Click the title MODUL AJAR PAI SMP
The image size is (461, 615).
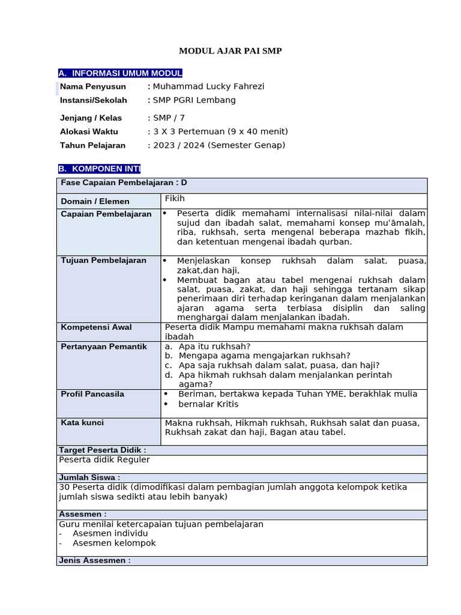coord(230,51)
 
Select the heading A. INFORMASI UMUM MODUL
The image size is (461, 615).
coord(120,73)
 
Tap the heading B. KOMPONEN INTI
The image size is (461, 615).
coord(99,169)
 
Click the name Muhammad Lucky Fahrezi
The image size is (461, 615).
coord(208,86)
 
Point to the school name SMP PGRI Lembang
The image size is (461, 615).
coord(194,100)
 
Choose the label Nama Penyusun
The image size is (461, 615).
coord(93,86)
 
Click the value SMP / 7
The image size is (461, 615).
coord(169,118)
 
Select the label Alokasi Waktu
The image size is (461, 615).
coord(89,132)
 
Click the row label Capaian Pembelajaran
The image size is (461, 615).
coord(106,214)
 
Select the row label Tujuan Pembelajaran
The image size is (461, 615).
coord(103,261)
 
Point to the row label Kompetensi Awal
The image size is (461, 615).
coord(96,327)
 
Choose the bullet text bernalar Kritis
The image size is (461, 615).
coord(209,404)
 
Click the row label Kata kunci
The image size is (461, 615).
coord(82,423)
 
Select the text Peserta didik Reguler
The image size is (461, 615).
coord(104,460)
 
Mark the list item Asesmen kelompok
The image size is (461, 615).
coord(114,543)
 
